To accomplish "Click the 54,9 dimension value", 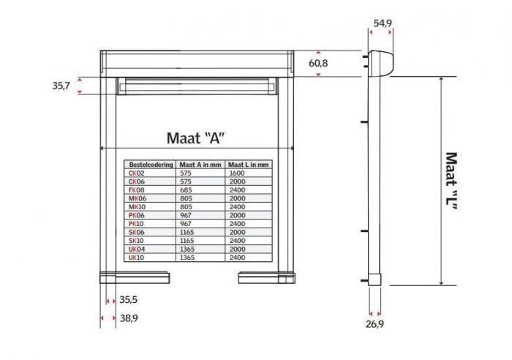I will tap(383, 23).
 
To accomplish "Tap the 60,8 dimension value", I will tap(319, 64).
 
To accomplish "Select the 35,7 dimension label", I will tap(61, 86).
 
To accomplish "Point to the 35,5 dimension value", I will tap(129, 299).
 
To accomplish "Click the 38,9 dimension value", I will tap(129, 318).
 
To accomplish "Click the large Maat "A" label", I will tap(195, 138).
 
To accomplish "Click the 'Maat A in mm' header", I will tap(200, 165).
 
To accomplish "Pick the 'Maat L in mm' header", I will tap(249, 165).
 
